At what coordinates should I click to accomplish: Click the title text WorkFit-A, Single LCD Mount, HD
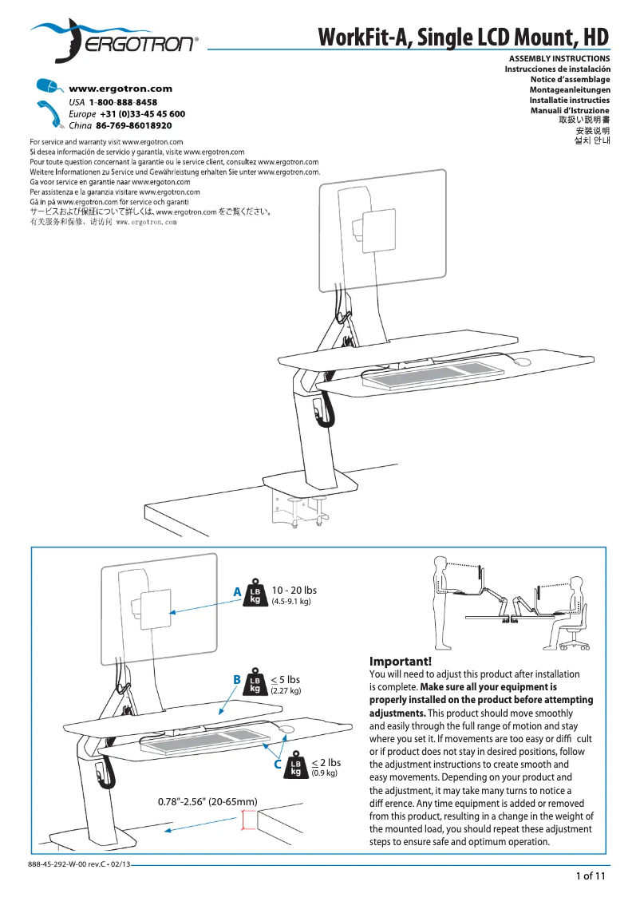click(x=464, y=38)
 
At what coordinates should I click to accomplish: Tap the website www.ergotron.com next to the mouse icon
click(x=120, y=89)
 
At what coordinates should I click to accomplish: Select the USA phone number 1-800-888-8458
click(x=123, y=103)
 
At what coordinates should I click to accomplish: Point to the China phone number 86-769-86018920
click(x=133, y=126)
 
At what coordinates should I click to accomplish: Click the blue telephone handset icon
click(x=49, y=114)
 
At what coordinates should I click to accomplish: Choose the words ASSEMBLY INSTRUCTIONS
click(x=559, y=59)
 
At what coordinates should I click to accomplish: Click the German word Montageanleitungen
click(x=570, y=90)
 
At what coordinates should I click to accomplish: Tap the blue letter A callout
click(x=236, y=592)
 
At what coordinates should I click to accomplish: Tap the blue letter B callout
click(x=236, y=679)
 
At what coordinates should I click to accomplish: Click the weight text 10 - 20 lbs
click(x=294, y=591)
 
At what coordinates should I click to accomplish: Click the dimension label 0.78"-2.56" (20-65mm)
click(x=207, y=801)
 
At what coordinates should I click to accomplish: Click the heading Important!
click(x=400, y=662)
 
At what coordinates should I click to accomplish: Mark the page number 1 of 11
click(x=591, y=876)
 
